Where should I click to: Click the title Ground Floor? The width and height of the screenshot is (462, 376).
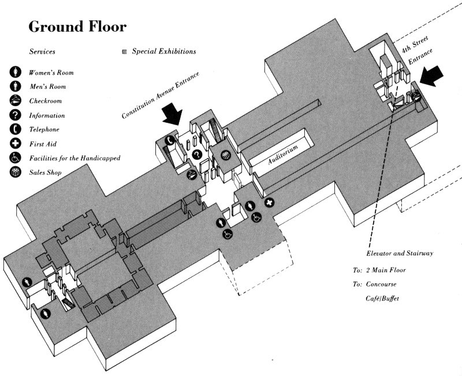coord(77,27)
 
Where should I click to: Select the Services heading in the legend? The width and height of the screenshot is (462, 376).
coord(42,52)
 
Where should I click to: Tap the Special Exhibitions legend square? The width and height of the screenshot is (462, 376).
coord(125,52)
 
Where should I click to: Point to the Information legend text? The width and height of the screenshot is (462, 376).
coord(47,115)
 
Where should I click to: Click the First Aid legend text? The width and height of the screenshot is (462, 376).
coord(43,144)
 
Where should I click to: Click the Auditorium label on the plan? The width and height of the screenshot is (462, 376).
coord(283,156)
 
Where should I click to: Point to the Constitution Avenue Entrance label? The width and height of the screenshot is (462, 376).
coord(161,96)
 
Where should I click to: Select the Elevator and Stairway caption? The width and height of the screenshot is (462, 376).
coord(400,254)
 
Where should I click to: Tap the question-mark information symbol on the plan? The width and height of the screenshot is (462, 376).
coord(197,154)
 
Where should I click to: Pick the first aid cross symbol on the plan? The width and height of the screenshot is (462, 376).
coord(269,203)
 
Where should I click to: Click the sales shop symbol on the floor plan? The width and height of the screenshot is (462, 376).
coord(226,154)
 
